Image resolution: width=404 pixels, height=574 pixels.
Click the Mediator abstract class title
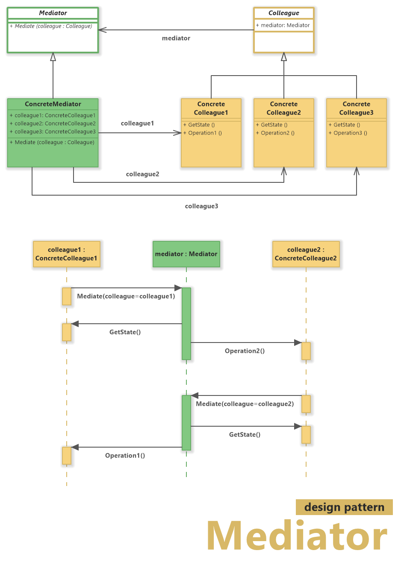pos(53,13)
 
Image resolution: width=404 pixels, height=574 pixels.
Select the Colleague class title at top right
pos(283,13)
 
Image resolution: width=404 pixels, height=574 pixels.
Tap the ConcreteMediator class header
pos(53,104)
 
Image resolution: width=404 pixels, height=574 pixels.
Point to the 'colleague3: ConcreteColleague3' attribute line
pos(53,132)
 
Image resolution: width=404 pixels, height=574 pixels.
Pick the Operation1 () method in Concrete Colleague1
pos(203,133)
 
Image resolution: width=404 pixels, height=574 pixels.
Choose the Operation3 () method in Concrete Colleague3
pos(348,133)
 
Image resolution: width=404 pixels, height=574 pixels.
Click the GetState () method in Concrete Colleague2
pos(272,125)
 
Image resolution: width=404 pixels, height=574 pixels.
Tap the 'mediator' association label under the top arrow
pos(176,38)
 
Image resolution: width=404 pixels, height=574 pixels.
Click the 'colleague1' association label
pos(137,123)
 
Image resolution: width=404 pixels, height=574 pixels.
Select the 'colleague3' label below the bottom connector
pos(201,206)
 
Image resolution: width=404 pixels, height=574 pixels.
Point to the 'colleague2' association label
pos(142,174)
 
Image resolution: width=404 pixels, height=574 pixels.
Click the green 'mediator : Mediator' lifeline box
pos(186,254)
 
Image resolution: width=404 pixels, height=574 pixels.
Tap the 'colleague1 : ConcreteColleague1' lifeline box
pos(66,254)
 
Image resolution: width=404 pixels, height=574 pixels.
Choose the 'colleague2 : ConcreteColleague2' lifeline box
pos(306,254)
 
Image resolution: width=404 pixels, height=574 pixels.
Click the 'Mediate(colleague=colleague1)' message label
pos(126,296)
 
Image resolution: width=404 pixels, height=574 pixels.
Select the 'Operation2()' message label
pos(245,351)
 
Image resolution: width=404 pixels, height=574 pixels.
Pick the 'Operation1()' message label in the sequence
pos(125,456)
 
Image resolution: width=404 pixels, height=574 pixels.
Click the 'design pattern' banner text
pos(344,507)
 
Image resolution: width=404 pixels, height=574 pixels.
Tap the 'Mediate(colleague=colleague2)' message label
pos(245,404)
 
